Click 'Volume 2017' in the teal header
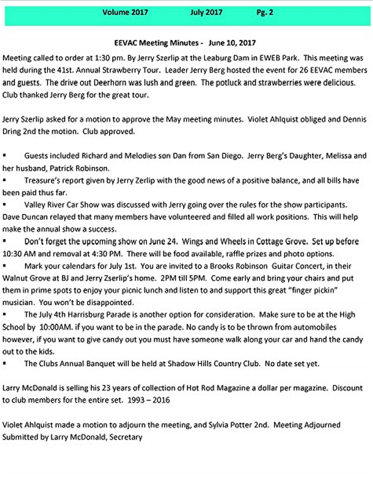[x=125, y=12]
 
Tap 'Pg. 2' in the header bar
[x=265, y=12]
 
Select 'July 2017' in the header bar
[x=206, y=12]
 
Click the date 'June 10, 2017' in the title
[x=232, y=43]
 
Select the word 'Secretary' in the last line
[x=126, y=437]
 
